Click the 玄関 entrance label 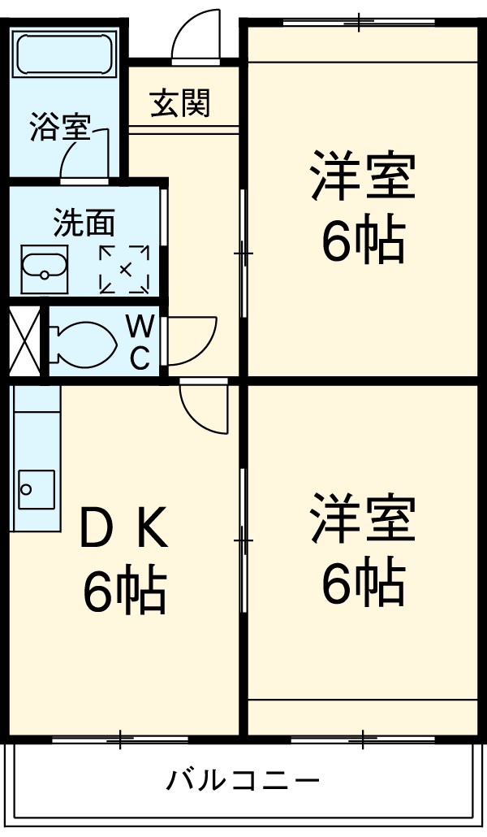[x=180, y=103]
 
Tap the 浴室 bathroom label [x=58, y=129]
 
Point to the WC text [x=140, y=340]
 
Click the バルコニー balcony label [x=243, y=781]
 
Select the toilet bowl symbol [x=81, y=342]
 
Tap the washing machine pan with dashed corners [x=124, y=267]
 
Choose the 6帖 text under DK [x=123, y=591]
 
